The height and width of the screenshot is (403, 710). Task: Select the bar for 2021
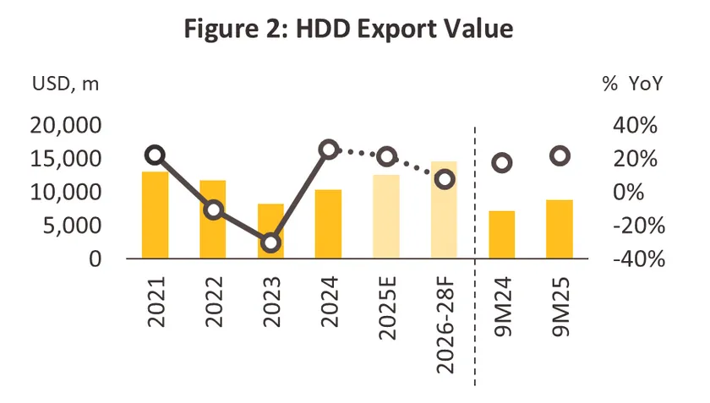tap(155, 215)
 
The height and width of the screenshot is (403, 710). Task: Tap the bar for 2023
tap(270, 231)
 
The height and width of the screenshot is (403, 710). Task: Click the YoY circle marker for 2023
tap(270, 242)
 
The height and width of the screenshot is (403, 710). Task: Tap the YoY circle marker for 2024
tap(329, 150)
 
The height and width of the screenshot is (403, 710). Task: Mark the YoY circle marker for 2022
tap(213, 210)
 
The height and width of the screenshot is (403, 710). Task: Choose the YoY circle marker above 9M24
tap(501, 163)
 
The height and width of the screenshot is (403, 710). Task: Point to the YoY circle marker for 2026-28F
tap(445, 179)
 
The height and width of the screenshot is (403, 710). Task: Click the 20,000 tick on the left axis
tap(66, 125)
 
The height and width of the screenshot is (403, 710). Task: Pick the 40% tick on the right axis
tap(634, 125)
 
